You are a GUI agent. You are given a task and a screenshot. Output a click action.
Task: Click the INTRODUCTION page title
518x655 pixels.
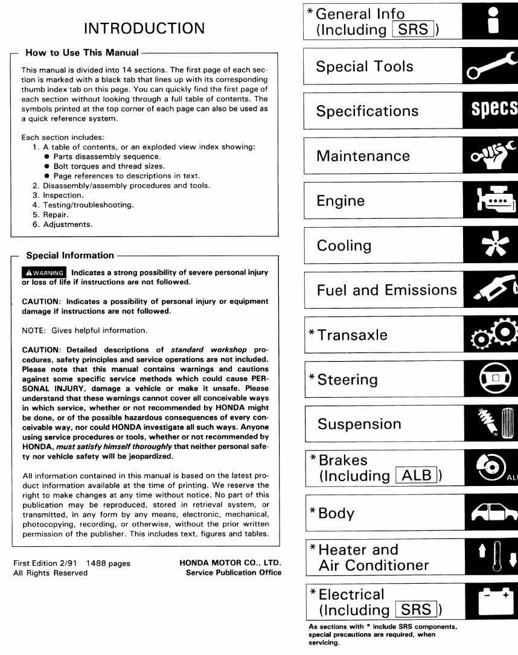click(x=144, y=28)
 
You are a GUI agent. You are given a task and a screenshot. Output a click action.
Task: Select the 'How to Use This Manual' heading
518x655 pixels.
click(x=82, y=53)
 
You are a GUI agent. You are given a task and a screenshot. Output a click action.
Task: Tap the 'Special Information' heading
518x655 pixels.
click(x=70, y=255)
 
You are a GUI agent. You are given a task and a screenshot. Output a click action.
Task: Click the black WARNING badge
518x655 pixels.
click(x=44, y=273)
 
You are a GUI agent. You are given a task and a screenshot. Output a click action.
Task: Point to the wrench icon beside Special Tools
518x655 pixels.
click(x=490, y=66)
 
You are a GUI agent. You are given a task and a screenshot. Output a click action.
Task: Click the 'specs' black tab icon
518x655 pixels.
click(x=493, y=111)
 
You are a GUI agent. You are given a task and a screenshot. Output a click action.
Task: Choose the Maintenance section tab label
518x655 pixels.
click(x=363, y=156)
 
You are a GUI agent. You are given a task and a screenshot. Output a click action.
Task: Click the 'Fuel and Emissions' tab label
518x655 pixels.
click(x=386, y=290)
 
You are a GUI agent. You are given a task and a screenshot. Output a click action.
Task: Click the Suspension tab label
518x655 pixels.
click(x=359, y=424)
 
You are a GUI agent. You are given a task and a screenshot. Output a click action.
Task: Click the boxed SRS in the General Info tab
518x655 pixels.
click(x=413, y=30)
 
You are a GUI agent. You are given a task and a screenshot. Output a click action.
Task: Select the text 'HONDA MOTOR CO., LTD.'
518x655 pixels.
click(x=231, y=563)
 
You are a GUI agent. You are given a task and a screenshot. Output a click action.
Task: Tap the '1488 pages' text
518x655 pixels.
click(x=109, y=563)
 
